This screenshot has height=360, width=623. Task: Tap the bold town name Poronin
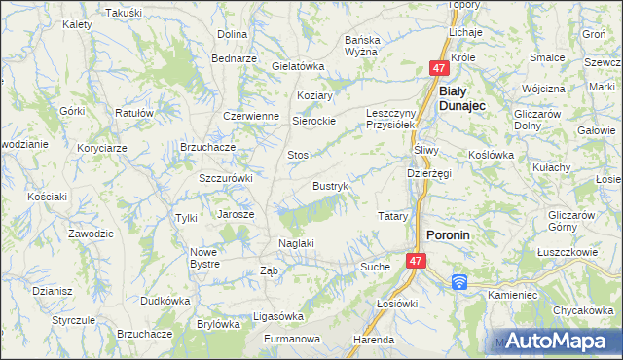(x=450, y=235)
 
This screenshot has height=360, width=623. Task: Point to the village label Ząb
(x=270, y=271)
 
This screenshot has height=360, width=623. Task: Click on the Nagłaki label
(x=296, y=243)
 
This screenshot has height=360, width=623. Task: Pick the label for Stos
(x=297, y=155)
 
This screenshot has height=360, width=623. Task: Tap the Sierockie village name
(x=314, y=121)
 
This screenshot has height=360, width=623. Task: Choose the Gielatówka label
(x=297, y=66)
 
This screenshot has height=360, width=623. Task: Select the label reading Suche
(x=375, y=266)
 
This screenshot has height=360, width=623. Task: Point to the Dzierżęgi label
(x=428, y=173)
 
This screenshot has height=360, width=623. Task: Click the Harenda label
(x=374, y=340)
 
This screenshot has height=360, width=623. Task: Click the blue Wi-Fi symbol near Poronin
(x=459, y=282)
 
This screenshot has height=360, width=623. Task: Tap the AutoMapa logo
(x=560, y=341)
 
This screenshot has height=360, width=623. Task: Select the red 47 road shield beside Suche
(x=416, y=262)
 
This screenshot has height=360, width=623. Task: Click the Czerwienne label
(x=251, y=115)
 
